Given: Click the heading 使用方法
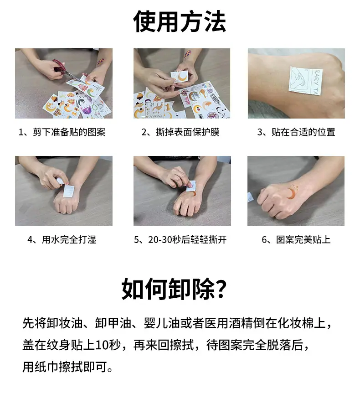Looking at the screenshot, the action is point(180,21).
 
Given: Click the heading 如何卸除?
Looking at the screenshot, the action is point(174,289).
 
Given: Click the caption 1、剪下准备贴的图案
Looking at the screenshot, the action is point(62,132).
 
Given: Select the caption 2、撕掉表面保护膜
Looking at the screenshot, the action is point(180,132).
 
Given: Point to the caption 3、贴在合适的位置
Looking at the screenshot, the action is point(296,132).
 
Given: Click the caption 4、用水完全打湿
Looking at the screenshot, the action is point(62,239).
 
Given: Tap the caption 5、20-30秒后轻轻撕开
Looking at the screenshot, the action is point(180,239).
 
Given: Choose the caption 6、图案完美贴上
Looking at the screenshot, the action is point(296,239).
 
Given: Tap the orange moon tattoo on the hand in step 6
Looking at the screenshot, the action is point(293,192).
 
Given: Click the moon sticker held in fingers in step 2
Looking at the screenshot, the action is point(180,77).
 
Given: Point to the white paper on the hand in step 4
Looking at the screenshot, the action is point(68,191).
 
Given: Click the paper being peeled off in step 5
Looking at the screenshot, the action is point(191,186).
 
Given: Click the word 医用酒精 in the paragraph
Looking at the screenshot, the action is point(229,323).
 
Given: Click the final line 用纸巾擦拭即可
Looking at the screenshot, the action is point(68,367).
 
